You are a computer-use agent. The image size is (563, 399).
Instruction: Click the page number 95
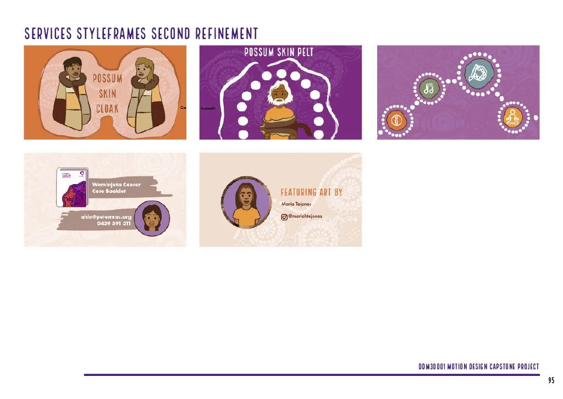(x=551, y=380)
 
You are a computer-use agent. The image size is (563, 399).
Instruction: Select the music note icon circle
(x=428, y=88)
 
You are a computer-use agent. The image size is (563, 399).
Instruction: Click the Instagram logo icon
(x=284, y=217)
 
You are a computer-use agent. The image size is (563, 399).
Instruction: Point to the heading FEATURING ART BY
(x=311, y=192)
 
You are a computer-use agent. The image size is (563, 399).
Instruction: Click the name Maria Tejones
(x=296, y=204)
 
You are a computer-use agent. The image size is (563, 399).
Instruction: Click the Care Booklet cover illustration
(x=73, y=187)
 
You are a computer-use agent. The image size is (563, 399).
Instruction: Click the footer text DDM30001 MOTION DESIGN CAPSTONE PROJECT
(x=478, y=367)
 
